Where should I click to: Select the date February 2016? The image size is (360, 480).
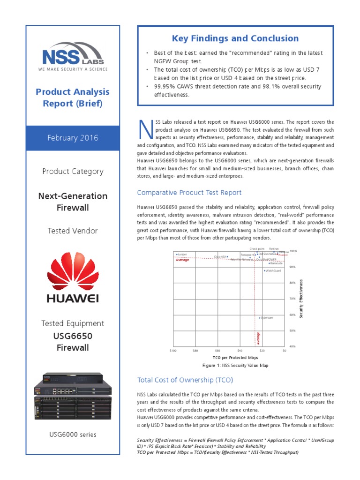[x=73, y=138]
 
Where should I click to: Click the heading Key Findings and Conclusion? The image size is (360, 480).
[x=235, y=38]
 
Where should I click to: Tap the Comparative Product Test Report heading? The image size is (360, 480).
[x=189, y=193]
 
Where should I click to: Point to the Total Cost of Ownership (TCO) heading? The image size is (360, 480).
[x=185, y=380]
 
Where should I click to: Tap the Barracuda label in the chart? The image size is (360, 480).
[x=276, y=263]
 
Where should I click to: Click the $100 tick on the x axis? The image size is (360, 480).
[x=173, y=350]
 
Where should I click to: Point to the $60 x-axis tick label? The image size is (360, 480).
[x=217, y=350]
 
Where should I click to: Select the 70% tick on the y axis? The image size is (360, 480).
[x=292, y=298]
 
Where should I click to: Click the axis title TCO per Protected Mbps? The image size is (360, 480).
[x=229, y=357]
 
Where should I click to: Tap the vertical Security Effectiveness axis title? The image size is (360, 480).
[x=302, y=299]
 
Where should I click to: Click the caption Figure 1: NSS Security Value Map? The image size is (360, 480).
[x=228, y=365]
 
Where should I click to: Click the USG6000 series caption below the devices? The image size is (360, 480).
[x=73, y=435]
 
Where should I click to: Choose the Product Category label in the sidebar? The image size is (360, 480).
[x=73, y=171]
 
